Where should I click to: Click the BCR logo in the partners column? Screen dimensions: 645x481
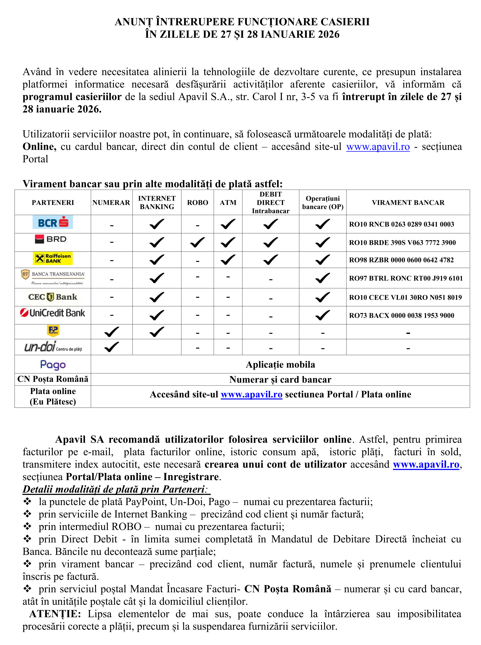[53, 222]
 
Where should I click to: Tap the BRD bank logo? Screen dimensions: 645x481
[51, 239]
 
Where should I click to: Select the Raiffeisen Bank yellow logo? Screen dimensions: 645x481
[53, 258]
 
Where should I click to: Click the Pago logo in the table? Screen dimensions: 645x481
[53, 365]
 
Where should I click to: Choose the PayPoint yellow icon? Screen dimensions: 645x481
[53, 331]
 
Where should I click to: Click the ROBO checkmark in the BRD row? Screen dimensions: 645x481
[197, 242]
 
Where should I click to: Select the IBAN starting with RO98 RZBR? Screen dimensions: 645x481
[401, 260]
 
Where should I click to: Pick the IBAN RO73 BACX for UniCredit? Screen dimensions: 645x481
[401, 316]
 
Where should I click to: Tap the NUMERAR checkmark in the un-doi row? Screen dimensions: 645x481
[112, 347]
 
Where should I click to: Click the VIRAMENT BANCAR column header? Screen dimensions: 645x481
[408, 203]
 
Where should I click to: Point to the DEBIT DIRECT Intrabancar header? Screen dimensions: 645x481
[270, 203]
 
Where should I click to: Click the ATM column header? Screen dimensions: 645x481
[228, 203]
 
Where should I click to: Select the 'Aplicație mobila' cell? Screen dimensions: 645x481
[280, 365]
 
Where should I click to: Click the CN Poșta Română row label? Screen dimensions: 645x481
[53, 379]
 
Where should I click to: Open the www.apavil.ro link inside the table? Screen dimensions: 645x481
[252, 395]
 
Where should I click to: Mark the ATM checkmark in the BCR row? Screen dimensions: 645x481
[228, 224]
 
